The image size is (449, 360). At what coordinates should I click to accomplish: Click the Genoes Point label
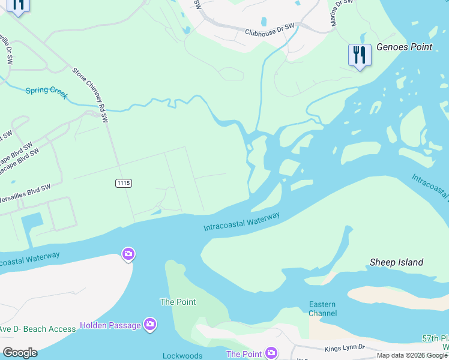tap(404, 47)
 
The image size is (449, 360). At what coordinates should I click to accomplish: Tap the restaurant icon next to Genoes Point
tap(359, 55)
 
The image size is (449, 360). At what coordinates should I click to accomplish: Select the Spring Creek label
tap(46, 93)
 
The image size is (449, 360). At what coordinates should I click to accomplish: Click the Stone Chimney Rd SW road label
tap(90, 95)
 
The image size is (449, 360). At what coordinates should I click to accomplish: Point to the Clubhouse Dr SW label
tap(270, 29)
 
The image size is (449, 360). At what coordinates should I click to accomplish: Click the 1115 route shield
tap(124, 183)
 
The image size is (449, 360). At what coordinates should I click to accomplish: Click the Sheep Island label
tap(396, 262)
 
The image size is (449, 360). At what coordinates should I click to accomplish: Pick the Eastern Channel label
tap(322, 308)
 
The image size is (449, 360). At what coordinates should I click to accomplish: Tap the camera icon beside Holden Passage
tap(150, 325)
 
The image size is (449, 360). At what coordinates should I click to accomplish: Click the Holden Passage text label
tap(110, 325)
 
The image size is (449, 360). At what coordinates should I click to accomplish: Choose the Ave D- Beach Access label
tap(38, 329)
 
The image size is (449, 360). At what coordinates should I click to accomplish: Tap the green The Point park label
tap(178, 302)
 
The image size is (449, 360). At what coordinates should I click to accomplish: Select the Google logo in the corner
tap(20, 353)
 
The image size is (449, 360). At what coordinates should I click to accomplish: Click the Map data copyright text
tap(412, 355)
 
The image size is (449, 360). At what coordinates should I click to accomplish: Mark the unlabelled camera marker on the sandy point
tap(128, 254)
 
